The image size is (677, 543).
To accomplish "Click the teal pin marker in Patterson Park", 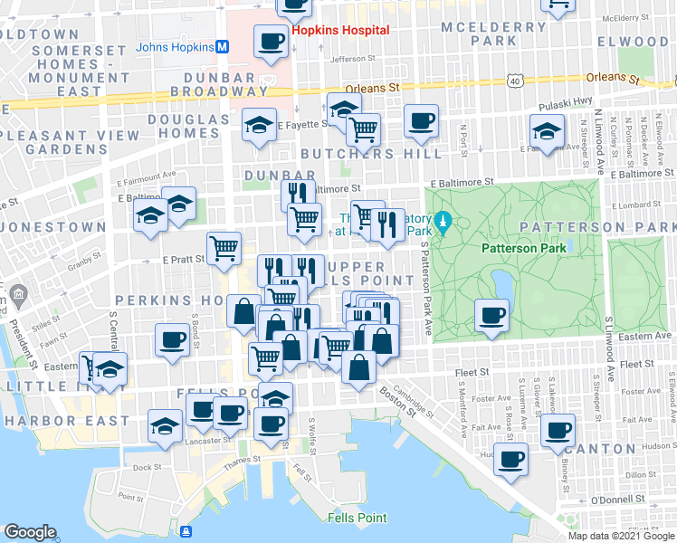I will (x=443, y=222).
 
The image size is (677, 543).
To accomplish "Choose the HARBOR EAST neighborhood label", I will (x=67, y=421).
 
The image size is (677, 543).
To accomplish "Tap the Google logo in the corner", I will (x=31, y=532).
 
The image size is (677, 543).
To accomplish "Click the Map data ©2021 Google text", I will (x=621, y=536).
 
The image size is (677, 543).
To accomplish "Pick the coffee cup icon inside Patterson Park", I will (x=492, y=315).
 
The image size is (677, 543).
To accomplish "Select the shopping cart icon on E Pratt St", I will (x=224, y=247).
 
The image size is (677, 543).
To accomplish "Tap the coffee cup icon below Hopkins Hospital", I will (x=272, y=41).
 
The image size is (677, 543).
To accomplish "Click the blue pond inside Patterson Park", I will (x=500, y=284).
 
